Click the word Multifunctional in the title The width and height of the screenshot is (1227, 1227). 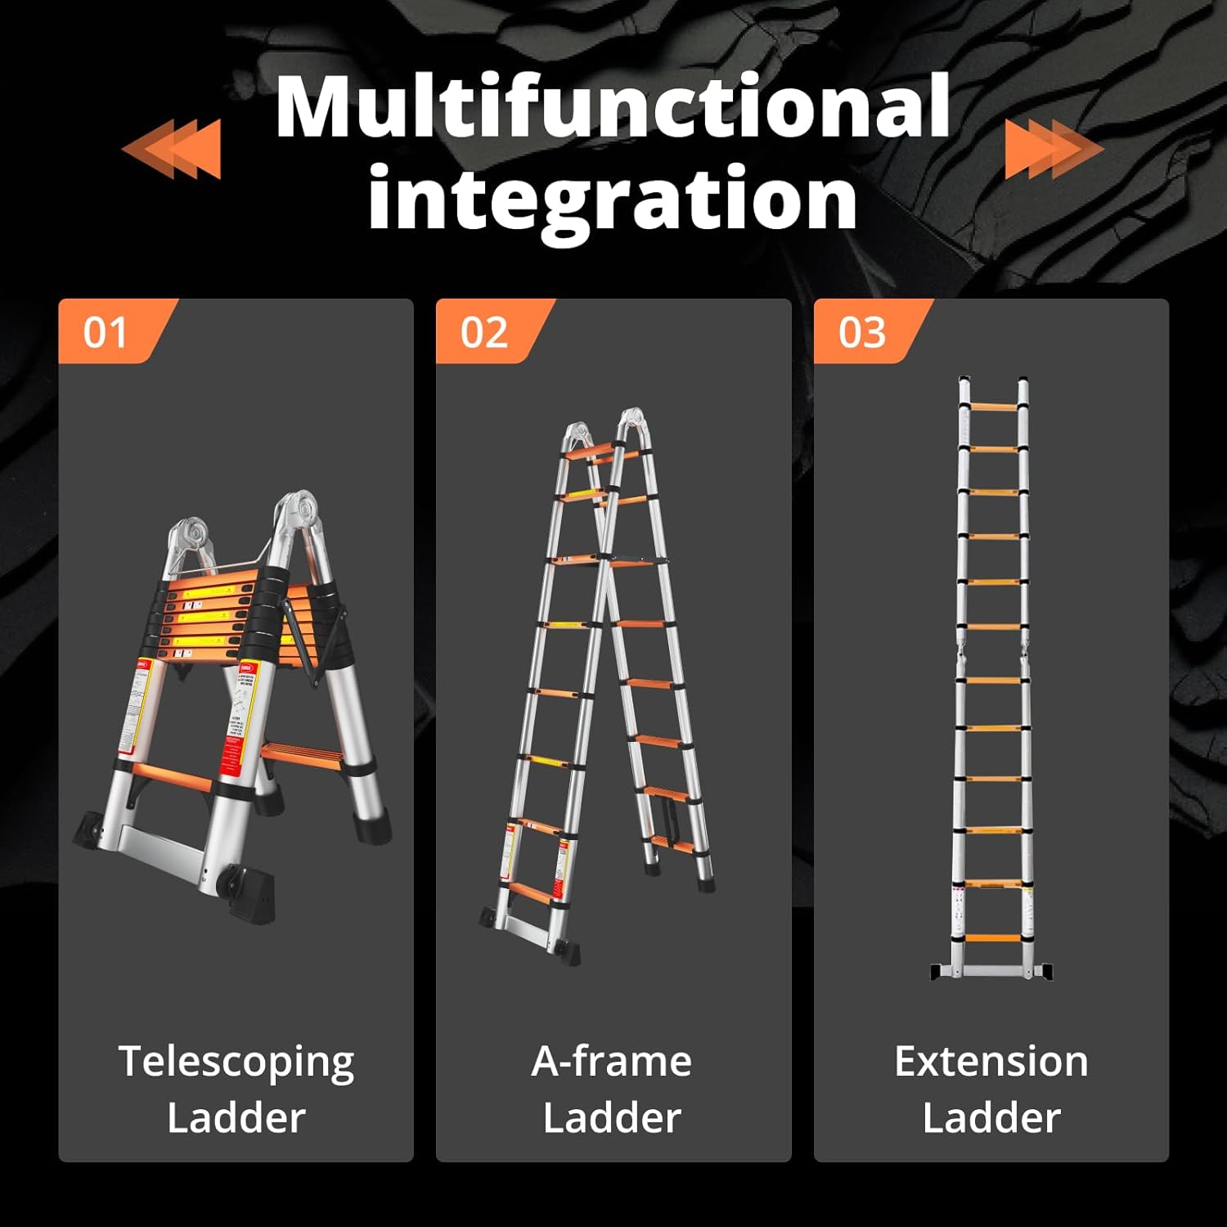click(x=612, y=107)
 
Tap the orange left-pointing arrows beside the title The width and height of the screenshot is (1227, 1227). click(x=173, y=148)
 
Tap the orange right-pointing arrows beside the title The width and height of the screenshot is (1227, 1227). click(x=1053, y=148)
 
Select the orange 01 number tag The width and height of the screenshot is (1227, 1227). click(x=106, y=332)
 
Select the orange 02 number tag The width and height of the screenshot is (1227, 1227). click(x=484, y=332)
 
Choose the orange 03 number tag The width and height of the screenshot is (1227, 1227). click(x=862, y=332)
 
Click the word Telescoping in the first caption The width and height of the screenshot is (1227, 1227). click(x=236, y=1062)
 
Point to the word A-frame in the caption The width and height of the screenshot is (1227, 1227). click(x=612, y=1062)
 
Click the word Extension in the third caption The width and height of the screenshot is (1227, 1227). click(x=991, y=1062)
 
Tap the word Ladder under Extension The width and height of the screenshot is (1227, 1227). click(x=991, y=1117)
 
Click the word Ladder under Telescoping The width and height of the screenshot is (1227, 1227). click(x=236, y=1117)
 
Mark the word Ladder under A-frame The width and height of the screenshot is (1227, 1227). click(x=612, y=1117)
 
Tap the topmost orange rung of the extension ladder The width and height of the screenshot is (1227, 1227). click(x=992, y=407)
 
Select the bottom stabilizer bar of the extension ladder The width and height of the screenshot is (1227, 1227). click(x=991, y=971)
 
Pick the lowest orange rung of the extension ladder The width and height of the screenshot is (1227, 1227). click(x=992, y=937)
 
